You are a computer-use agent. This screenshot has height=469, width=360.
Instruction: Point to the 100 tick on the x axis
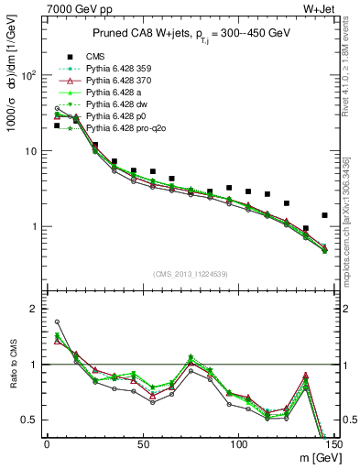click(x=238, y=445)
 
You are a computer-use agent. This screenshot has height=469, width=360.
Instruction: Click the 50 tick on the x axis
click(x=142, y=445)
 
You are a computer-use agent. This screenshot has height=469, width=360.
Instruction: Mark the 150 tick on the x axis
click(x=333, y=445)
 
